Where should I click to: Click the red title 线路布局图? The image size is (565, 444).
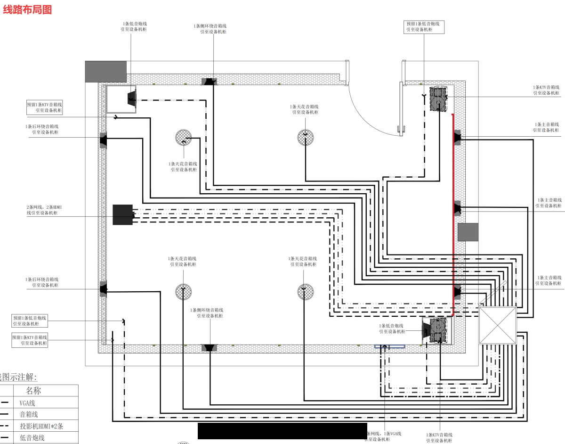[x=27, y=9]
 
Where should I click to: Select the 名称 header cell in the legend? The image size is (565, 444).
[x=33, y=391]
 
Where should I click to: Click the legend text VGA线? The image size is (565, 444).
[x=27, y=403]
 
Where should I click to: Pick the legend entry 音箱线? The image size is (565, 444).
[x=29, y=414]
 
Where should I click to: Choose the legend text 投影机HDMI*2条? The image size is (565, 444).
[x=41, y=426]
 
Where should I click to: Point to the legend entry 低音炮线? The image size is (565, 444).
[x=32, y=438]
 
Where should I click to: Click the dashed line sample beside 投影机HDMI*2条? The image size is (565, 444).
[x=6, y=426]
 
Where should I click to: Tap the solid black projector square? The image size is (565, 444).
[x=123, y=214]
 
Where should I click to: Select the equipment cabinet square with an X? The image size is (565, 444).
[x=497, y=325]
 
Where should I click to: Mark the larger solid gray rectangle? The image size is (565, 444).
[x=105, y=71]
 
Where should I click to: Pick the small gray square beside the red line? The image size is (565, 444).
[x=468, y=232]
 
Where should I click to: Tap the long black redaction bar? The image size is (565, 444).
[x=282, y=431]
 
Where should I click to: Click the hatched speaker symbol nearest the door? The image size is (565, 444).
[x=438, y=99]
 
